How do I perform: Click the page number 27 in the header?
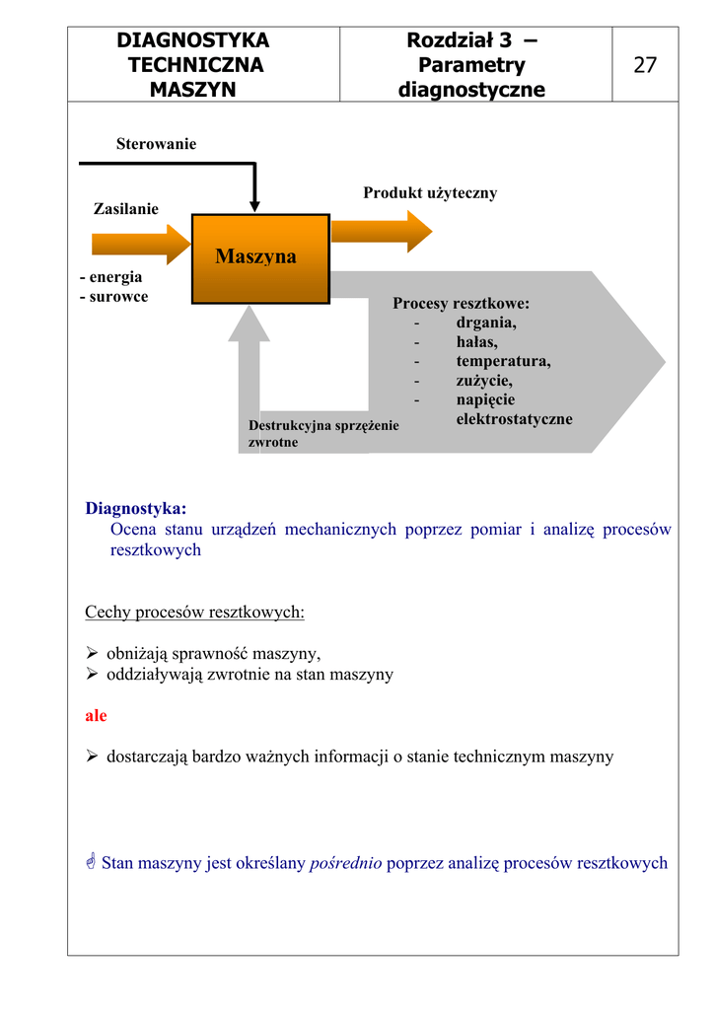(645, 65)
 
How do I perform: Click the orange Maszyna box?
(260, 257)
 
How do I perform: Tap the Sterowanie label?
(156, 144)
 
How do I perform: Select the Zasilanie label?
(125, 209)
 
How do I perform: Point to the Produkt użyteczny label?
(430, 193)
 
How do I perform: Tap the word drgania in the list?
(486, 322)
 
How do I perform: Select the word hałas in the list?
(476, 341)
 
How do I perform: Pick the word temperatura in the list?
(503, 361)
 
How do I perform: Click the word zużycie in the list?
(484, 381)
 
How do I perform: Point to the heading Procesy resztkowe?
(461, 303)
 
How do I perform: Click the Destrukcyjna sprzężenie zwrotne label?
(323, 434)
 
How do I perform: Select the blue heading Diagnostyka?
(135, 509)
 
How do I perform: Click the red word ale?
(96, 716)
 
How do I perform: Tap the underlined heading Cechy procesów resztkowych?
(194, 613)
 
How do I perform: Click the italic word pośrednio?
(346, 864)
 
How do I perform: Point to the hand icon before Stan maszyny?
(91, 864)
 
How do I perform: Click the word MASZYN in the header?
(193, 90)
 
